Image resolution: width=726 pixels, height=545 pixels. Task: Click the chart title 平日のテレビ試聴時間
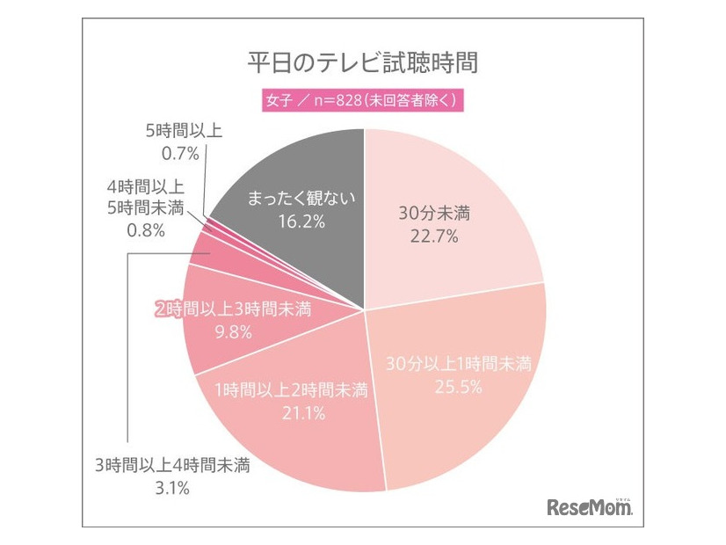click(363, 64)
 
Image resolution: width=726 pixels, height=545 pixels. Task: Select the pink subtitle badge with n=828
click(363, 99)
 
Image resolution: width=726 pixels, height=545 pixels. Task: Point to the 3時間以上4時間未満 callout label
click(172, 466)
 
